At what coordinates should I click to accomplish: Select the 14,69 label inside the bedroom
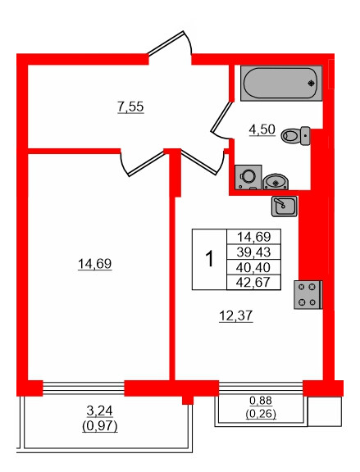point(94,264)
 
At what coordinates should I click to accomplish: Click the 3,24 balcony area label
point(100,414)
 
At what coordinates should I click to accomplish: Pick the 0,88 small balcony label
point(261,401)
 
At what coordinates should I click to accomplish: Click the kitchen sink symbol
point(284,206)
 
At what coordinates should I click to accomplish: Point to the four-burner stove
point(308,294)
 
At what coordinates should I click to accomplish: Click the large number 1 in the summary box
point(208,259)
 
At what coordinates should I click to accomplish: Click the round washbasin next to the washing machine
point(276,181)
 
